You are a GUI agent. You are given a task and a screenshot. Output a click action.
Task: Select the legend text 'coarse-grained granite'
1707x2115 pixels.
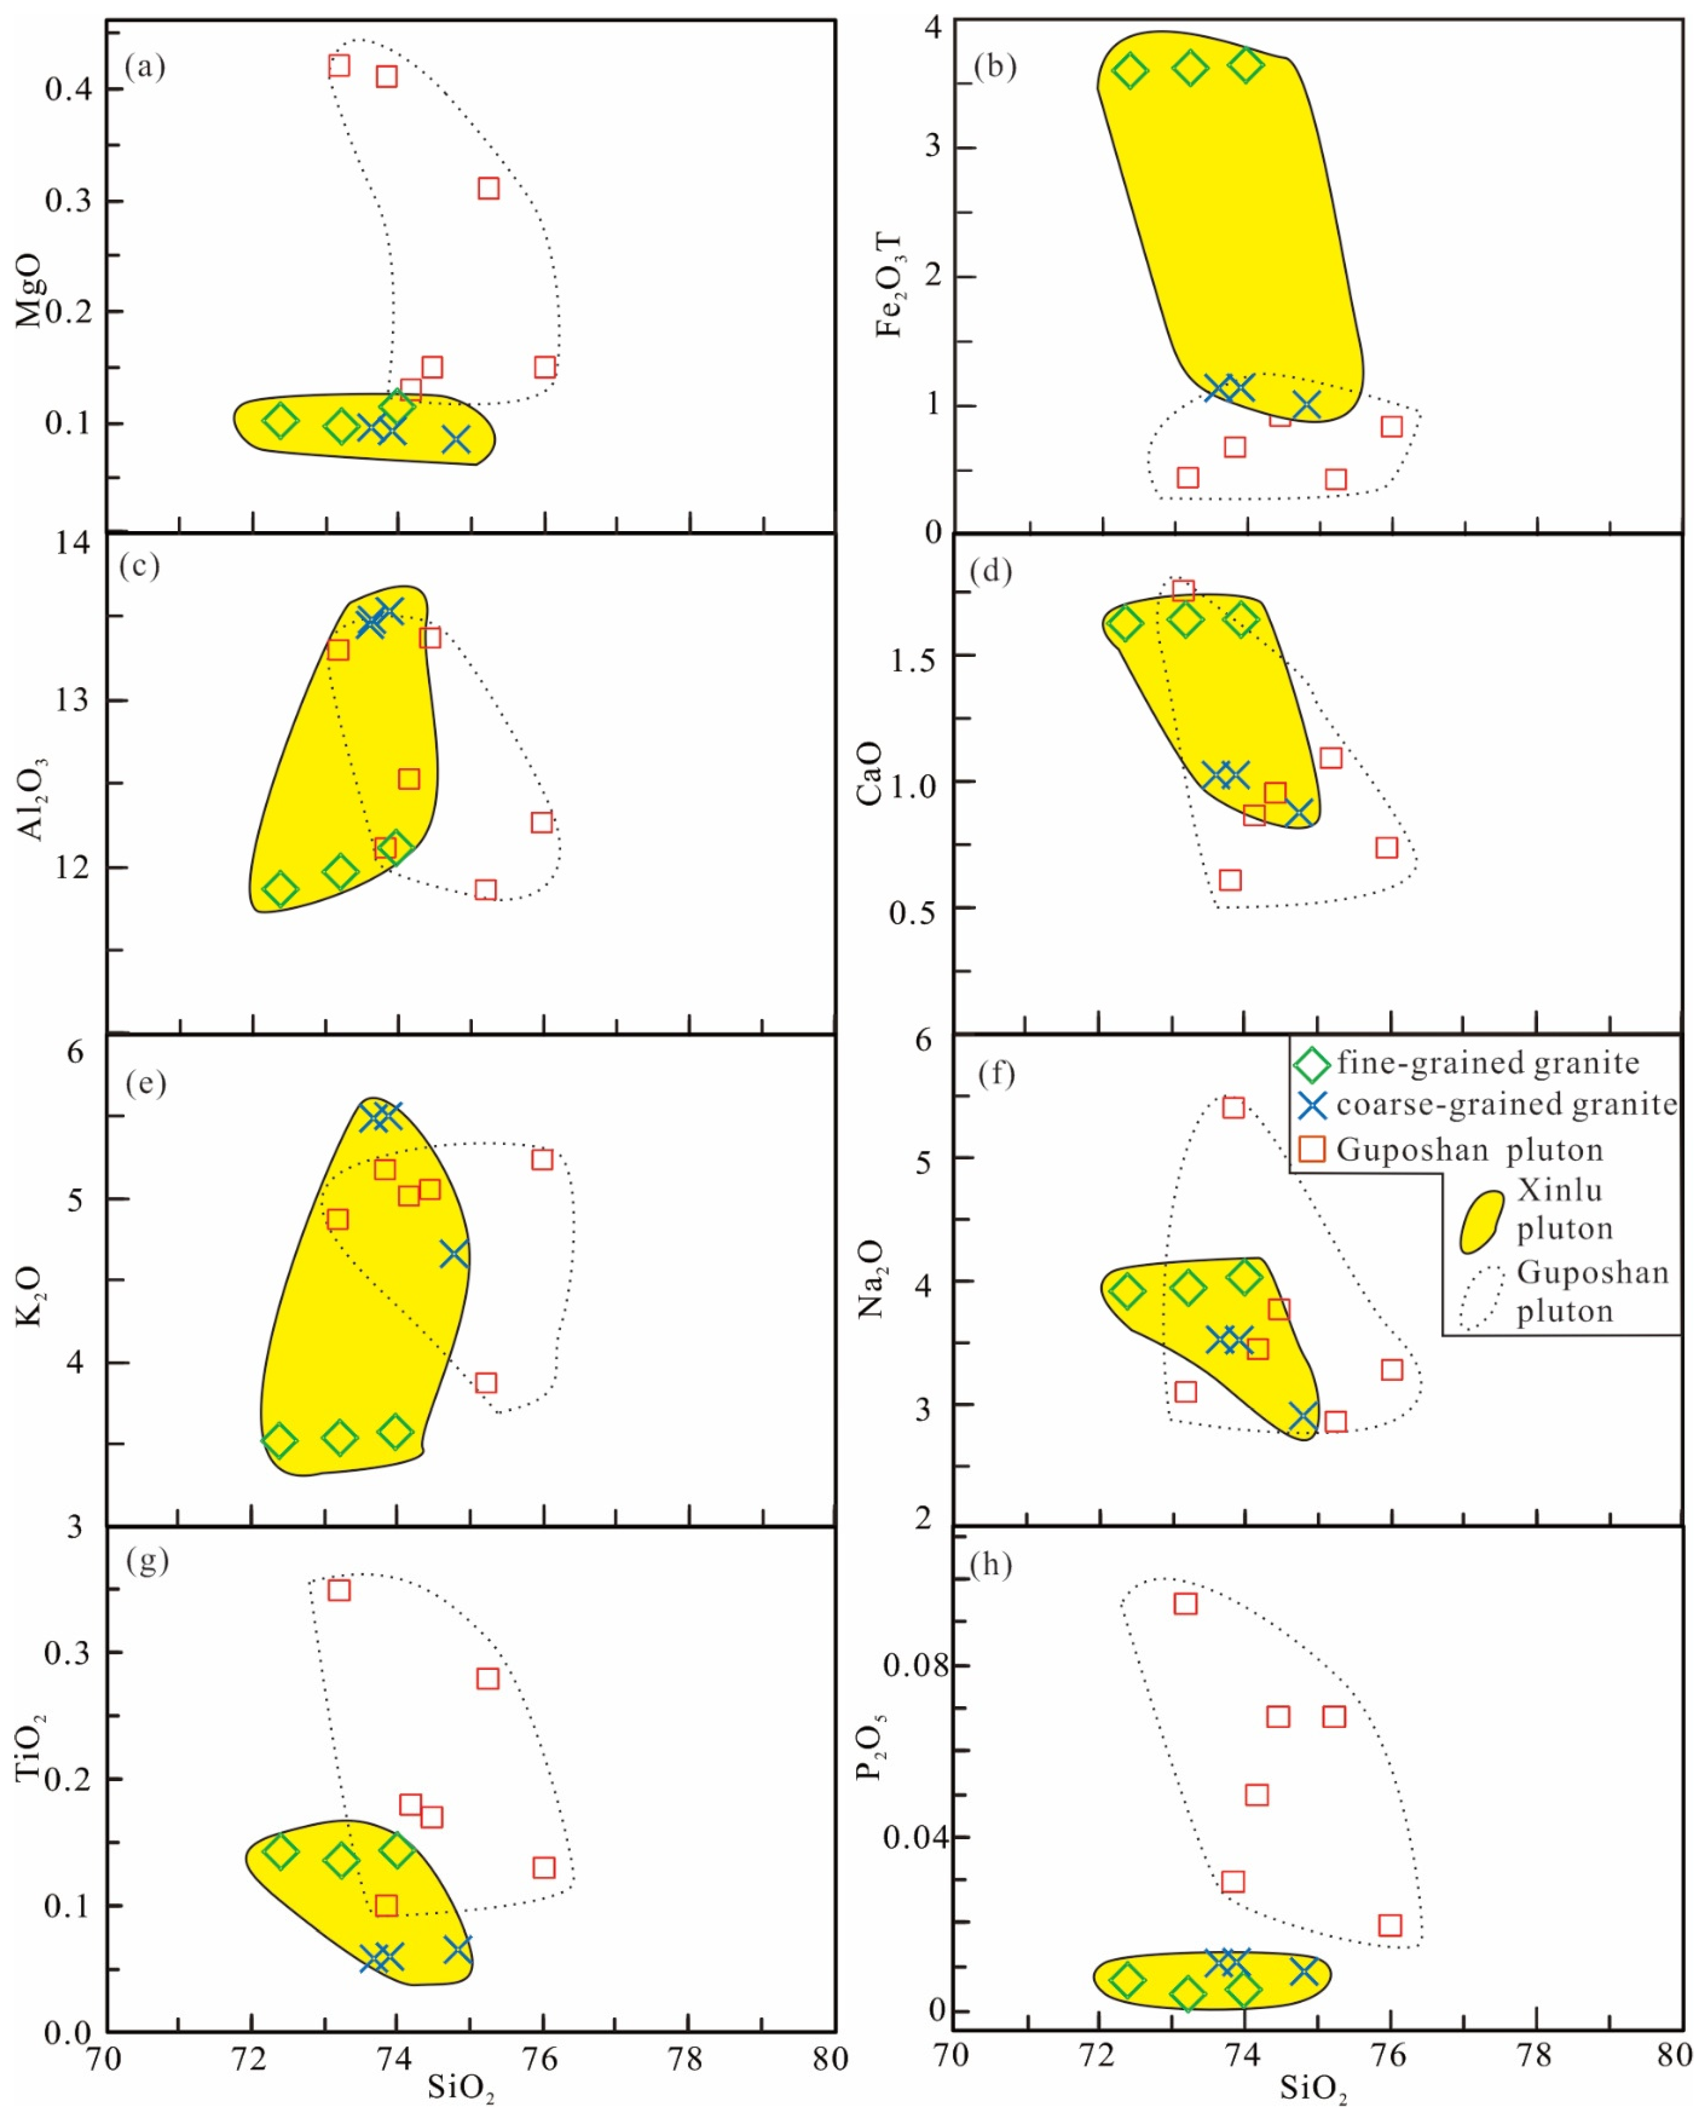(x=1505, y=1105)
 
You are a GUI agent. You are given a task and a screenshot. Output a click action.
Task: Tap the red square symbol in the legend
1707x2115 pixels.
(x=1312, y=1149)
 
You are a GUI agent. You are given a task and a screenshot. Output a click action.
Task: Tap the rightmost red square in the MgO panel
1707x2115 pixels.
(x=545, y=367)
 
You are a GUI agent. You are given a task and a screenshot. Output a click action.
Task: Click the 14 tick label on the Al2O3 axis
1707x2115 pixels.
(x=72, y=543)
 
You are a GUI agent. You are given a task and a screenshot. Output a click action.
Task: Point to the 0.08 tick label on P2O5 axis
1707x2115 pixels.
(x=915, y=1665)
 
